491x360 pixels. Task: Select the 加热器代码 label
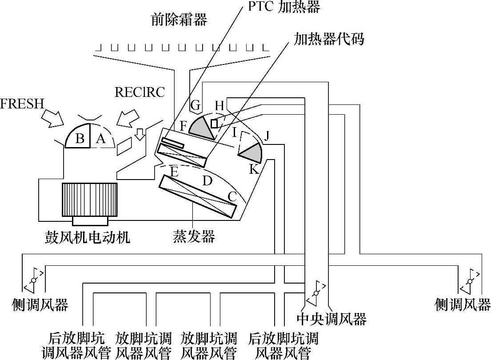329,39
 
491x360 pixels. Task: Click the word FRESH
22,104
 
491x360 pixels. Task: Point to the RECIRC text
140,92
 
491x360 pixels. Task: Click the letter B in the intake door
80,139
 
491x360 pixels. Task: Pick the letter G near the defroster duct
195,105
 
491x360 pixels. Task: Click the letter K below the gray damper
253,169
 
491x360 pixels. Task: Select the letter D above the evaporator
207,181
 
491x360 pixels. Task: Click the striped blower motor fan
90,200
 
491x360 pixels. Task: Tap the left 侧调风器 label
40,305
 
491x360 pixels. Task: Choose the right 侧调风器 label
463,305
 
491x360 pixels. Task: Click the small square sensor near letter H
214,123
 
